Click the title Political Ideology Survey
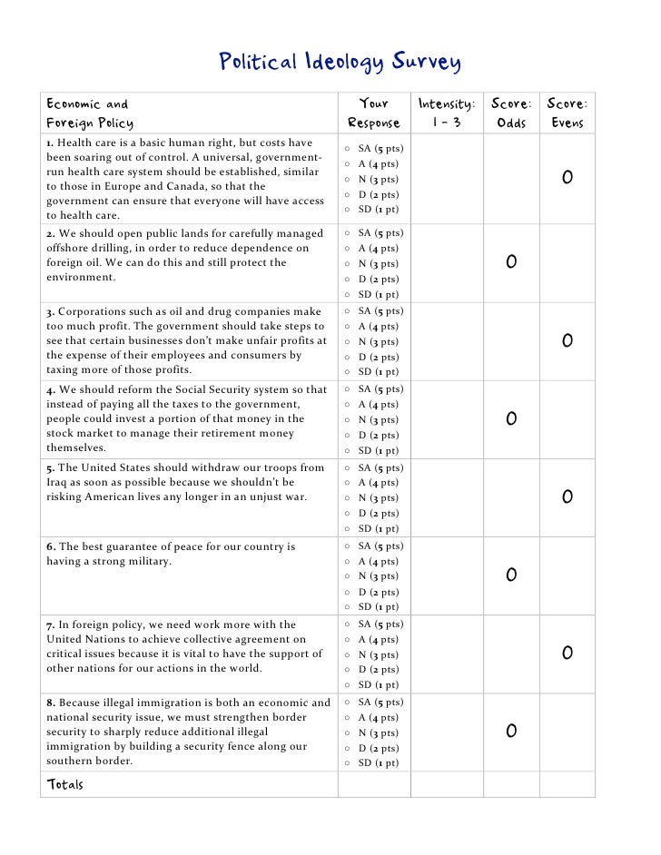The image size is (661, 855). [340, 63]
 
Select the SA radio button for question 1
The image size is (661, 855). [348, 149]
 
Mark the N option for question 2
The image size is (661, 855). [348, 264]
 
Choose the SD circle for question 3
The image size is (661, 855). [348, 372]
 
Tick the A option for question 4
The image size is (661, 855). [348, 405]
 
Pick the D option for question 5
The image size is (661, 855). [348, 514]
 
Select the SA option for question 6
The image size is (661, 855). [348, 546]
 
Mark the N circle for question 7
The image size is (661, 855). [348, 655]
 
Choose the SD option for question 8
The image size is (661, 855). [348, 763]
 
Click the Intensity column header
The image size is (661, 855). [446, 113]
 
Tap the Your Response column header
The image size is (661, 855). [373, 113]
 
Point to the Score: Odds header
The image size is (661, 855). [512, 113]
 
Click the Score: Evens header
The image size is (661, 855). [567, 113]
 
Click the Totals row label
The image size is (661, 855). [64, 784]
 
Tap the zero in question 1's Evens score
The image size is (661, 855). [567, 178]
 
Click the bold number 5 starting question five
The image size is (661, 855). [50, 468]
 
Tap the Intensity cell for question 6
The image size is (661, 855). [446, 575]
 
